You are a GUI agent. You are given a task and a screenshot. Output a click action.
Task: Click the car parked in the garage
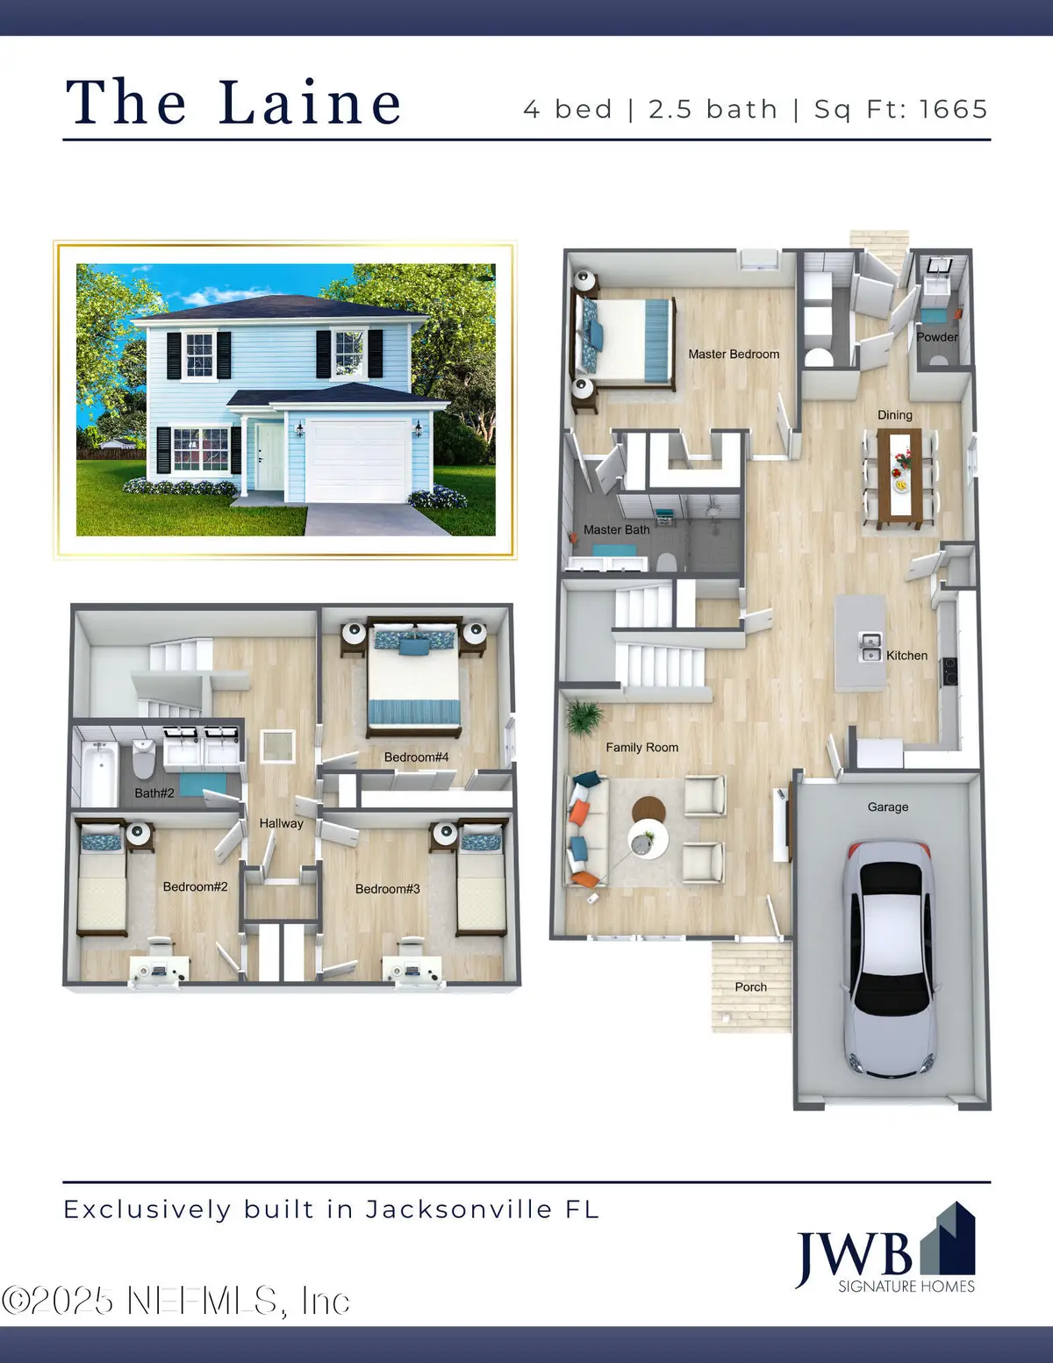click(x=888, y=957)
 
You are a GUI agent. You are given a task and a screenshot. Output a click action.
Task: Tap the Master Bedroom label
click(x=734, y=355)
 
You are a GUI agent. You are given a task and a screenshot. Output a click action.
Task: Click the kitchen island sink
click(x=870, y=648)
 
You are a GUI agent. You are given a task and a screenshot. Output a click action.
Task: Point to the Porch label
click(x=750, y=987)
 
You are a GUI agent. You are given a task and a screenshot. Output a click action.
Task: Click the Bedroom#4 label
click(x=416, y=757)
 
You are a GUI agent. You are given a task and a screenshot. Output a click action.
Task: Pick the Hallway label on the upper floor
click(x=281, y=823)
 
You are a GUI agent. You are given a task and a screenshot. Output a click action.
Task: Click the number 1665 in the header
click(x=954, y=110)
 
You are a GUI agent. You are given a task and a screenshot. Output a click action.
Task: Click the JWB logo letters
click(x=853, y=1254)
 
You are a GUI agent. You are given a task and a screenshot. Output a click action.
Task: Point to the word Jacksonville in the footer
click(x=458, y=1209)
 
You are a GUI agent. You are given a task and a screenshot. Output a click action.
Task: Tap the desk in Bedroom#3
click(x=412, y=970)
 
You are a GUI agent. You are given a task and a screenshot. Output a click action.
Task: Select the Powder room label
click(x=937, y=337)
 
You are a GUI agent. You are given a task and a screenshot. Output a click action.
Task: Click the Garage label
click(x=887, y=807)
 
